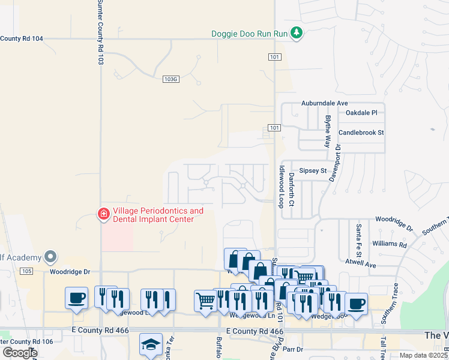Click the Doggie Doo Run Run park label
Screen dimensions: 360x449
[x=250, y=34]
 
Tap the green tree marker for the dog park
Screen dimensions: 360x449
[x=296, y=32]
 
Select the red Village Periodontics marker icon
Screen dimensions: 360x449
[x=103, y=214]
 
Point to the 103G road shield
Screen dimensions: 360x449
[x=171, y=79]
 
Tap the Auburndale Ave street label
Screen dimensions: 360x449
[x=325, y=103]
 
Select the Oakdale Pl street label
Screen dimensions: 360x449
[x=361, y=112]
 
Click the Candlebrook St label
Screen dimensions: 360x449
[x=361, y=132]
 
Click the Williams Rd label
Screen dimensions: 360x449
[x=389, y=244]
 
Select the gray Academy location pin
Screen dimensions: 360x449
[x=51, y=257]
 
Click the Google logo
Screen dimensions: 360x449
[x=20, y=353]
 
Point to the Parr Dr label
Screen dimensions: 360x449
[x=294, y=349]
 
